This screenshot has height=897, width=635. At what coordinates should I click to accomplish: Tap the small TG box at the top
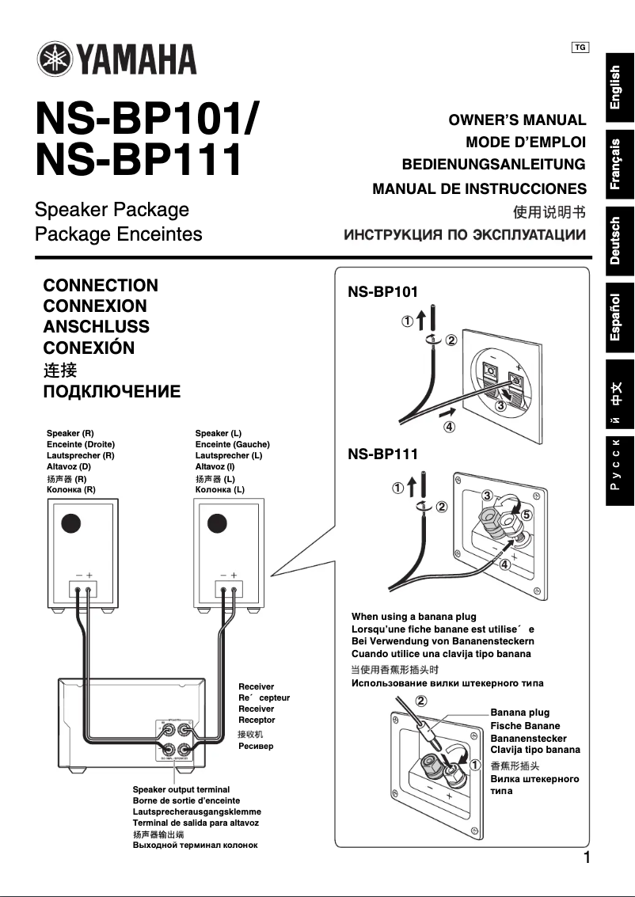click(580, 48)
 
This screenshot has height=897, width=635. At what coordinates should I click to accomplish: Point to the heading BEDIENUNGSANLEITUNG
click(494, 165)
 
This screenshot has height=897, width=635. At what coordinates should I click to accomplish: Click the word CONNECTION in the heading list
click(101, 285)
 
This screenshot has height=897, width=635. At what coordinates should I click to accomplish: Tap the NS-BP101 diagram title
click(383, 291)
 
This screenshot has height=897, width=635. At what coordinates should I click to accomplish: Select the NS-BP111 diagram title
click(383, 454)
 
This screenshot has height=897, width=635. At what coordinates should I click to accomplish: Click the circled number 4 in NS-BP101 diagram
click(449, 427)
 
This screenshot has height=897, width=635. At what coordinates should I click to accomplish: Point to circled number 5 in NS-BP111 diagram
click(527, 515)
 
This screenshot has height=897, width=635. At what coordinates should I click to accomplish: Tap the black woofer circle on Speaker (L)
click(217, 524)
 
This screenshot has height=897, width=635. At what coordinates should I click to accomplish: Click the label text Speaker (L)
click(219, 434)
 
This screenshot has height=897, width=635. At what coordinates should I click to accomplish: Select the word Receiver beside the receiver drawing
click(257, 686)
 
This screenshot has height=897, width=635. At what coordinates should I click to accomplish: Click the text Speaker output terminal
click(181, 789)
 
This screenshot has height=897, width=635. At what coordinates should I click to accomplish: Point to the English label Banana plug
click(519, 713)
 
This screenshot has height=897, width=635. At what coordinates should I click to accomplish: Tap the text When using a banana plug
click(414, 616)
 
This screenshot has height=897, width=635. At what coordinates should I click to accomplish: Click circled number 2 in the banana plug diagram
click(420, 701)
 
